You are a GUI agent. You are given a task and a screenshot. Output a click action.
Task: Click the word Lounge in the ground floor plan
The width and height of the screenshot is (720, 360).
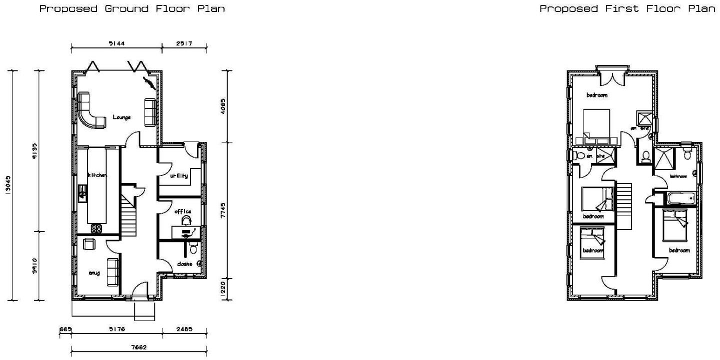(x=121, y=117)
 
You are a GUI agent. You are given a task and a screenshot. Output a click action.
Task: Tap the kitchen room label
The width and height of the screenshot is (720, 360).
(x=97, y=175)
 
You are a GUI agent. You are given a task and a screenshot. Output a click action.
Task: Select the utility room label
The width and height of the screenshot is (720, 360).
(x=178, y=176)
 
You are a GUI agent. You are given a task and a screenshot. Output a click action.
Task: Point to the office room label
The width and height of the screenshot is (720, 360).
(x=182, y=211)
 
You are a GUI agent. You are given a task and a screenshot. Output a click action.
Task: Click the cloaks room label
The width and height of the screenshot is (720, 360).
(x=184, y=263)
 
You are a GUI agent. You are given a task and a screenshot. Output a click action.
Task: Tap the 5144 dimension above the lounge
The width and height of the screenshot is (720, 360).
(x=116, y=44)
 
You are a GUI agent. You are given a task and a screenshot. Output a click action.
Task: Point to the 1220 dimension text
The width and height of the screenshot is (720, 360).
(x=223, y=289)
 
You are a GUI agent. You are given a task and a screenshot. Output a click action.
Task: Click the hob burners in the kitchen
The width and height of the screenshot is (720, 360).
(x=96, y=228)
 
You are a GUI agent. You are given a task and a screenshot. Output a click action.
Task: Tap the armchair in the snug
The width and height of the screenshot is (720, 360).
(x=89, y=243)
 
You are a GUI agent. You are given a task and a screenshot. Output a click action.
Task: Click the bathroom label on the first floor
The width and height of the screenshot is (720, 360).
(x=678, y=176)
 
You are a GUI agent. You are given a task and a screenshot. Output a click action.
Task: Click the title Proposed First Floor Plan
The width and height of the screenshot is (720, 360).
(x=627, y=8)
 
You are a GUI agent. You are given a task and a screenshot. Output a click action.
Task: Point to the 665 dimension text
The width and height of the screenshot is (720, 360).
(x=65, y=329)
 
